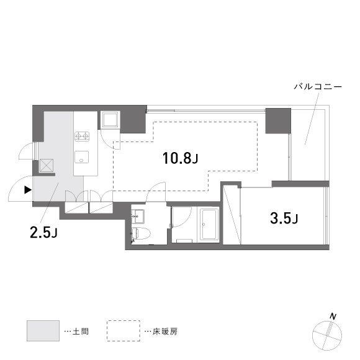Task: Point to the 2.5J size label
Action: pos(43,233)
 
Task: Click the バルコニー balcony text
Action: pos(317,87)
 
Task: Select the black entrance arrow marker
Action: pos(27,191)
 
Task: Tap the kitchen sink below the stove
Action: pos(82,156)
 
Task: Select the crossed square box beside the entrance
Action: pos(47,166)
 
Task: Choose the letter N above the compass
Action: pos(333,317)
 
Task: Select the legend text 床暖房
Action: pos(166,331)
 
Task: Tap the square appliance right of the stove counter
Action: pos(110,120)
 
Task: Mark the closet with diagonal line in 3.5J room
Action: pos(232,214)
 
